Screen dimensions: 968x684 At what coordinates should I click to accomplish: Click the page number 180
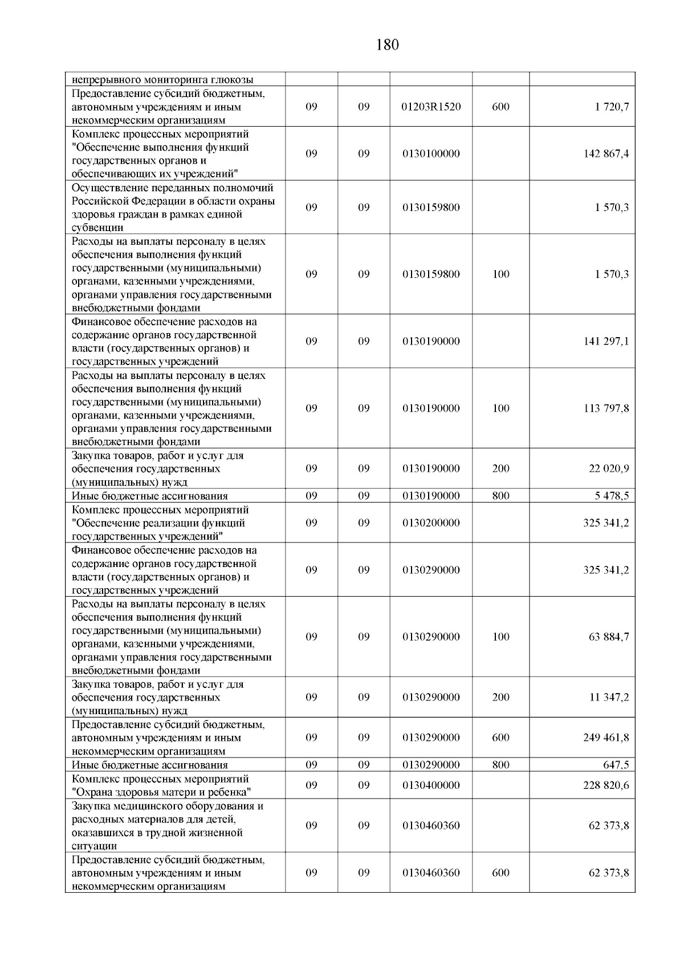[388, 45]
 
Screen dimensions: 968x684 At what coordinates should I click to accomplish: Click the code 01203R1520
[431, 107]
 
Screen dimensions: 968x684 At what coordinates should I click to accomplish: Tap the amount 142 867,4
[606, 154]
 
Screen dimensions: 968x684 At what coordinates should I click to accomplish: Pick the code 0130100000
[431, 154]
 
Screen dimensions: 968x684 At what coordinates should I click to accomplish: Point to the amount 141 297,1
[606, 342]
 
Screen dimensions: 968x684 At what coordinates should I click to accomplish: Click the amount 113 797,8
[606, 408]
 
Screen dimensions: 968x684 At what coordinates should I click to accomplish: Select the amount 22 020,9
[609, 469]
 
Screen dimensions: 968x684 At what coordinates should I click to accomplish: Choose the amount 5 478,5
[612, 496]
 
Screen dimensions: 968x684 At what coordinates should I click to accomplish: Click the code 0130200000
[431, 523]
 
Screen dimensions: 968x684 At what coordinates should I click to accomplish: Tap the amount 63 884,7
[609, 637]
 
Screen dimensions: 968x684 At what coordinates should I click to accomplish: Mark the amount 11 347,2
[609, 697]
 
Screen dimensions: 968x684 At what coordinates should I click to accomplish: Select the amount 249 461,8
[606, 738]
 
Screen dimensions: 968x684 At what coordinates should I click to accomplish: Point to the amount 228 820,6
[606, 785]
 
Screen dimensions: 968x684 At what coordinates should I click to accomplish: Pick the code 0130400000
[431, 785]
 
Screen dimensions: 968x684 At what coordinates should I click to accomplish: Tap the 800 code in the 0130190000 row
[500, 496]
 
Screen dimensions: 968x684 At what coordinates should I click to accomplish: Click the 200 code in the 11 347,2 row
[500, 697]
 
